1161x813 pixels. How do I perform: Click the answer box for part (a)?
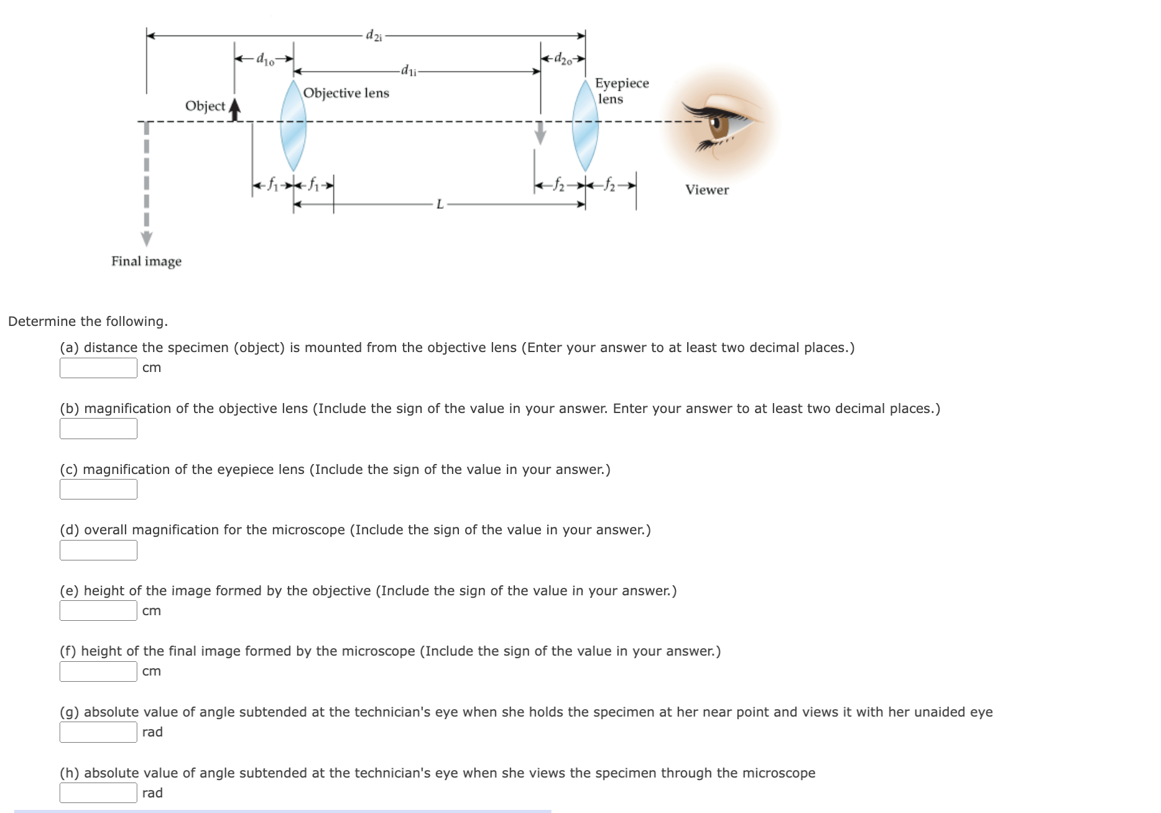tap(98, 368)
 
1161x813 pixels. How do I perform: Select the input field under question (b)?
tap(98, 429)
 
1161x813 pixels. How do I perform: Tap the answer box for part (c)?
tap(98, 489)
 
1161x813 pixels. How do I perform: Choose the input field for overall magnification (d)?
tap(98, 550)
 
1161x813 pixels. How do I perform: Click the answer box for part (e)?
tap(98, 610)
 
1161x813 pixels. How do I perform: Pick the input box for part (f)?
tap(98, 671)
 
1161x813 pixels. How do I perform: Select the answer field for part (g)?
tap(98, 732)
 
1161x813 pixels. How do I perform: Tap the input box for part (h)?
tap(98, 792)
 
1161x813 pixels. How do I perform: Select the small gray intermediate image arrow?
tap(540, 132)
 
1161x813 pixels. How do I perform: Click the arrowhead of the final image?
tap(146, 239)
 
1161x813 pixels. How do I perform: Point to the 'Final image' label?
tap(146, 261)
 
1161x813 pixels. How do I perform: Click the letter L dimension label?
tap(440, 204)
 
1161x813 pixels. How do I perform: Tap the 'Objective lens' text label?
tap(346, 93)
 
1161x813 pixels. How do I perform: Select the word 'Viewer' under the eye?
tap(707, 190)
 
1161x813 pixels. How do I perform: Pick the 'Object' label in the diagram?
tap(205, 106)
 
